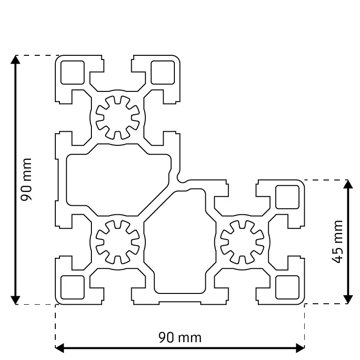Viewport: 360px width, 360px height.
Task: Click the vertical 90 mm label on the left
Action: [x=27, y=180]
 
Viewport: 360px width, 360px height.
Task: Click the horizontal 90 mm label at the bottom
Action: [x=180, y=337]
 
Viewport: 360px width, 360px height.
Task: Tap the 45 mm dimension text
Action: [x=337, y=241]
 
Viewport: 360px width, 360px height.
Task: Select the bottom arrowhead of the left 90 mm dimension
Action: [x=15, y=300]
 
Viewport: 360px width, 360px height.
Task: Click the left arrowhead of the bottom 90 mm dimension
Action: [x=60, y=348]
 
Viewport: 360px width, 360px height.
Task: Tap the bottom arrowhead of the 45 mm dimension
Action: [x=348, y=300]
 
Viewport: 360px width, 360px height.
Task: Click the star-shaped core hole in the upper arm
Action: [x=118, y=118]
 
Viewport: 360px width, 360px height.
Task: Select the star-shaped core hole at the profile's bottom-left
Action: [x=118, y=242]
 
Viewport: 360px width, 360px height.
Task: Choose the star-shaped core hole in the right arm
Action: [x=242, y=242]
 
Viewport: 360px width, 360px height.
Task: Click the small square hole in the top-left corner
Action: [x=72, y=72]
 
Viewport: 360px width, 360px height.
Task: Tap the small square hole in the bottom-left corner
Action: [x=72, y=287]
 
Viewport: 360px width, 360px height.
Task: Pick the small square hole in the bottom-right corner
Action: [x=287, y=287]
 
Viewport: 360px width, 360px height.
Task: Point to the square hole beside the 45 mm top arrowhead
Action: [x=287, y=197]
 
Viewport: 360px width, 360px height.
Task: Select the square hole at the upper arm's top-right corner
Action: [x=163, y=72]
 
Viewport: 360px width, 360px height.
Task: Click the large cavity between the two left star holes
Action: [x=112, y=180]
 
